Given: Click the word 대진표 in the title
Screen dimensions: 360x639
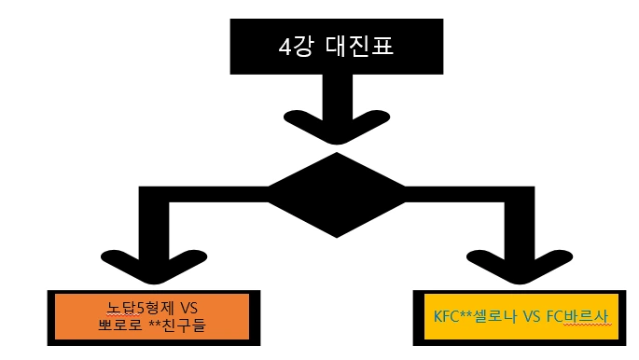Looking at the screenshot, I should coord(358,45).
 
